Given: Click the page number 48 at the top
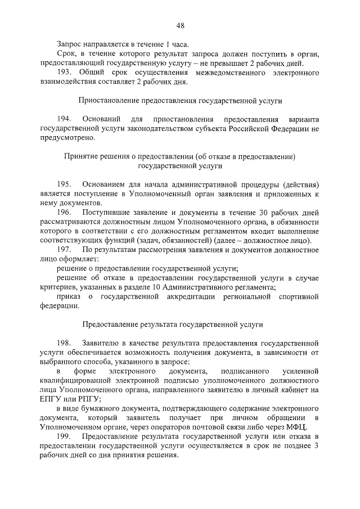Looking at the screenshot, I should [180, 25].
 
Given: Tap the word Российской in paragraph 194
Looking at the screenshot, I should [247, 129].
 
